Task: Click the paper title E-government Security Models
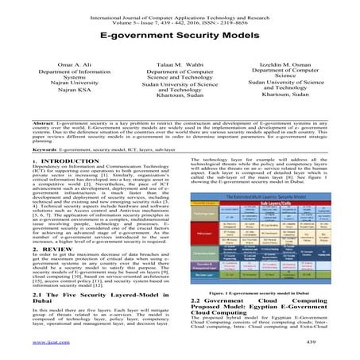tap(179, 37)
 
